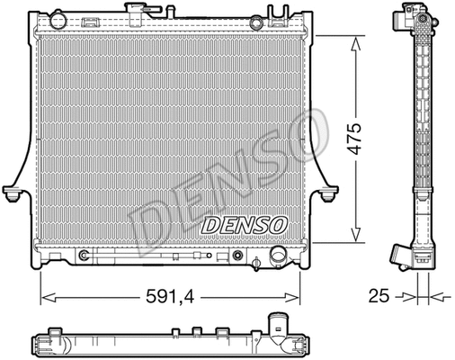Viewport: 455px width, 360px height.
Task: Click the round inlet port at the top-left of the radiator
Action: (x=58, y=18)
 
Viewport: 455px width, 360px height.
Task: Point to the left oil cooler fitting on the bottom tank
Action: (x=84, y=256)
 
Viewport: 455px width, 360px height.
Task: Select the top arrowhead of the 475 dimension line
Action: (x=356, y=39)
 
